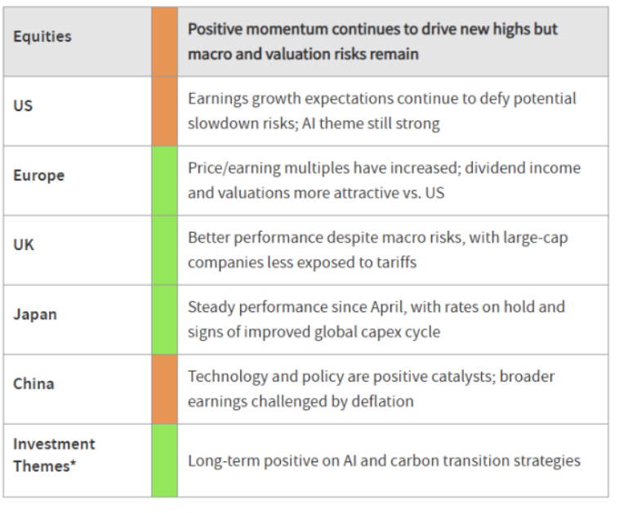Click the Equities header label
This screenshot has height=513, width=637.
tap(42, 37)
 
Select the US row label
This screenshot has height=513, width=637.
tap(23, 105)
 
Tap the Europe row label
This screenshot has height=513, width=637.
tap(38, 175)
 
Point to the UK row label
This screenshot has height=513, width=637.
tap(24, 245)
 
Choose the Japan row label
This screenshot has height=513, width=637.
tap(35, 314)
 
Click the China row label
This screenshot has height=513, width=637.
tap(33, 384)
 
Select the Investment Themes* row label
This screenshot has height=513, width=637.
tap(54, 455)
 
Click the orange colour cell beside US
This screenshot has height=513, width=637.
tap(164, 111)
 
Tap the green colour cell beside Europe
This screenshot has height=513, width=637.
tap(164, 181)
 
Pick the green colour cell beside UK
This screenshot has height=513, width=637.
tap(164, 251)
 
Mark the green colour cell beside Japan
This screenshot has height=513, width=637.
tap(164, 320)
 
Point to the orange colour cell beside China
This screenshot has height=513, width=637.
tap(164, 390)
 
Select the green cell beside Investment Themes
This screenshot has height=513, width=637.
tap(164, 461)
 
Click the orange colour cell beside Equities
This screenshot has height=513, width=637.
tap(164, 42)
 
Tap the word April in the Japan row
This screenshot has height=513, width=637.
tap(388, 307)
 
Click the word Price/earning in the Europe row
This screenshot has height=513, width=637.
tap(234, 168)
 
